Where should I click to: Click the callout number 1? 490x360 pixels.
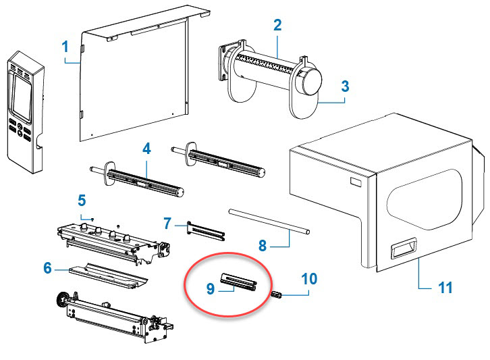coord(65,47)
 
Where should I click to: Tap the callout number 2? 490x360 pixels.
coord(277,26)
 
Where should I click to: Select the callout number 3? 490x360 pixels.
coord(344,86)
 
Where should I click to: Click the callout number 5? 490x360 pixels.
coord(82,200)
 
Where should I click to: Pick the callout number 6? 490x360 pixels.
coord(47,268)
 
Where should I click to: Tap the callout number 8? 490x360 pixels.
coord(263,245)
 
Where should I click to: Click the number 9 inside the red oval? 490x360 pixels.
coord(211,288)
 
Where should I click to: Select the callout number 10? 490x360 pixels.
coord(309,278)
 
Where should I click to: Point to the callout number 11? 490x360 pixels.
coord(445,288)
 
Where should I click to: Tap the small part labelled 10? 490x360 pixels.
coord(276,294)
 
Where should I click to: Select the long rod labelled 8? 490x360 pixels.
coord(269,223)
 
